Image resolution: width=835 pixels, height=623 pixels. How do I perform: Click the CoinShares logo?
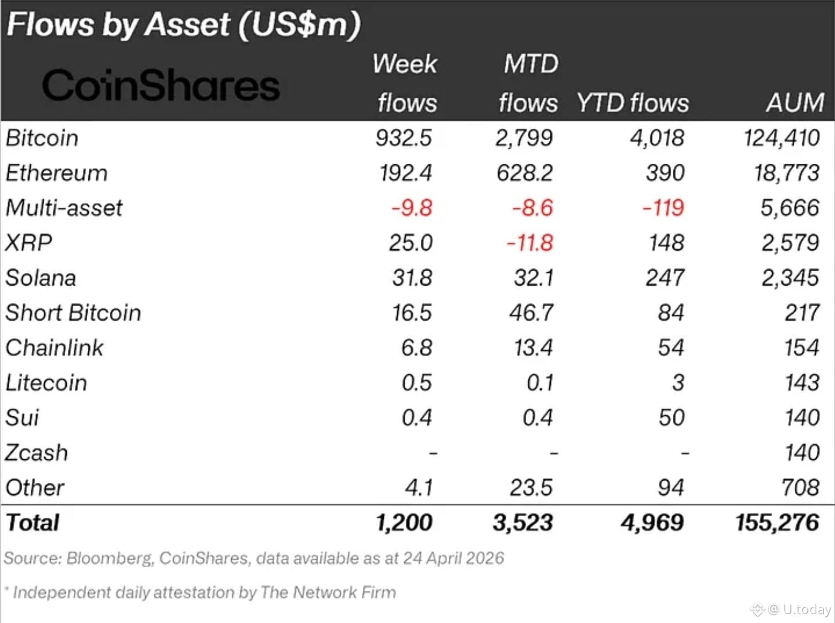coord(160,85)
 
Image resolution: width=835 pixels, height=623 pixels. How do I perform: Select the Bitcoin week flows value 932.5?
coord(403,138)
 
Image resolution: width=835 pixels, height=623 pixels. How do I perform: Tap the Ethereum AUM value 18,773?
coord(786,173)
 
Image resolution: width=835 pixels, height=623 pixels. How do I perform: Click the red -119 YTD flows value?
coord(663,208)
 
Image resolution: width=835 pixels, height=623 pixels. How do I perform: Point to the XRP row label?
coord(29,243)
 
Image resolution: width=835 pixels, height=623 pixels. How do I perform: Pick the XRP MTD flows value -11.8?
coord(529,243)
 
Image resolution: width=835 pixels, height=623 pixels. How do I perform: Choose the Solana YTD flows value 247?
coord(665,278)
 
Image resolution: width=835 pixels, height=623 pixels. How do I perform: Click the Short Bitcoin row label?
coord(73,313)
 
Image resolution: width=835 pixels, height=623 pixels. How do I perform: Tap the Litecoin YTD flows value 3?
coord(678,383)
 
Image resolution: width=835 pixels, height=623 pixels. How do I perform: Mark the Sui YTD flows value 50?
coord(671,418)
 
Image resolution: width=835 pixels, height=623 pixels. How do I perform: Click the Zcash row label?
coord(36,453)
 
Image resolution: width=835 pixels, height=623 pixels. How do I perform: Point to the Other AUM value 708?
coord(800,487)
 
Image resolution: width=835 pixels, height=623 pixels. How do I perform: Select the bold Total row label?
coord(33,523)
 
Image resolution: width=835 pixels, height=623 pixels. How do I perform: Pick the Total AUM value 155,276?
coord(777,523)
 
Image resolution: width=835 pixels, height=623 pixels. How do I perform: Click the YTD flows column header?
coord(633,103)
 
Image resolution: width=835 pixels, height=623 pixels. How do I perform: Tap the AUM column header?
coord(795,103)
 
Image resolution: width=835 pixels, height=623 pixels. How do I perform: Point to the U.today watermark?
coord(799,609)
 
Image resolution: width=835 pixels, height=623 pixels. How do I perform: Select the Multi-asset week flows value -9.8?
coord(412,208)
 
